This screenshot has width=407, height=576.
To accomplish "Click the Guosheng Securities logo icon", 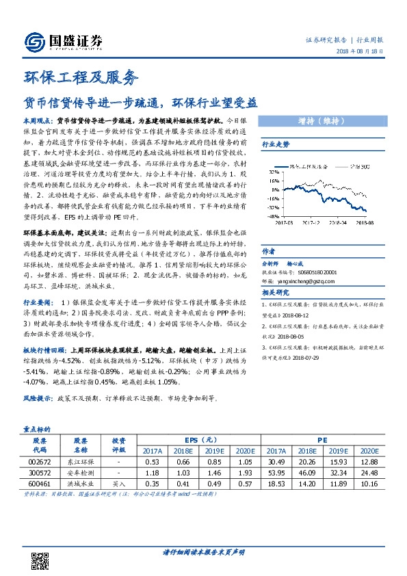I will coord(34,42).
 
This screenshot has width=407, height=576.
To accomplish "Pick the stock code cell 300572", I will coord(39,471).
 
